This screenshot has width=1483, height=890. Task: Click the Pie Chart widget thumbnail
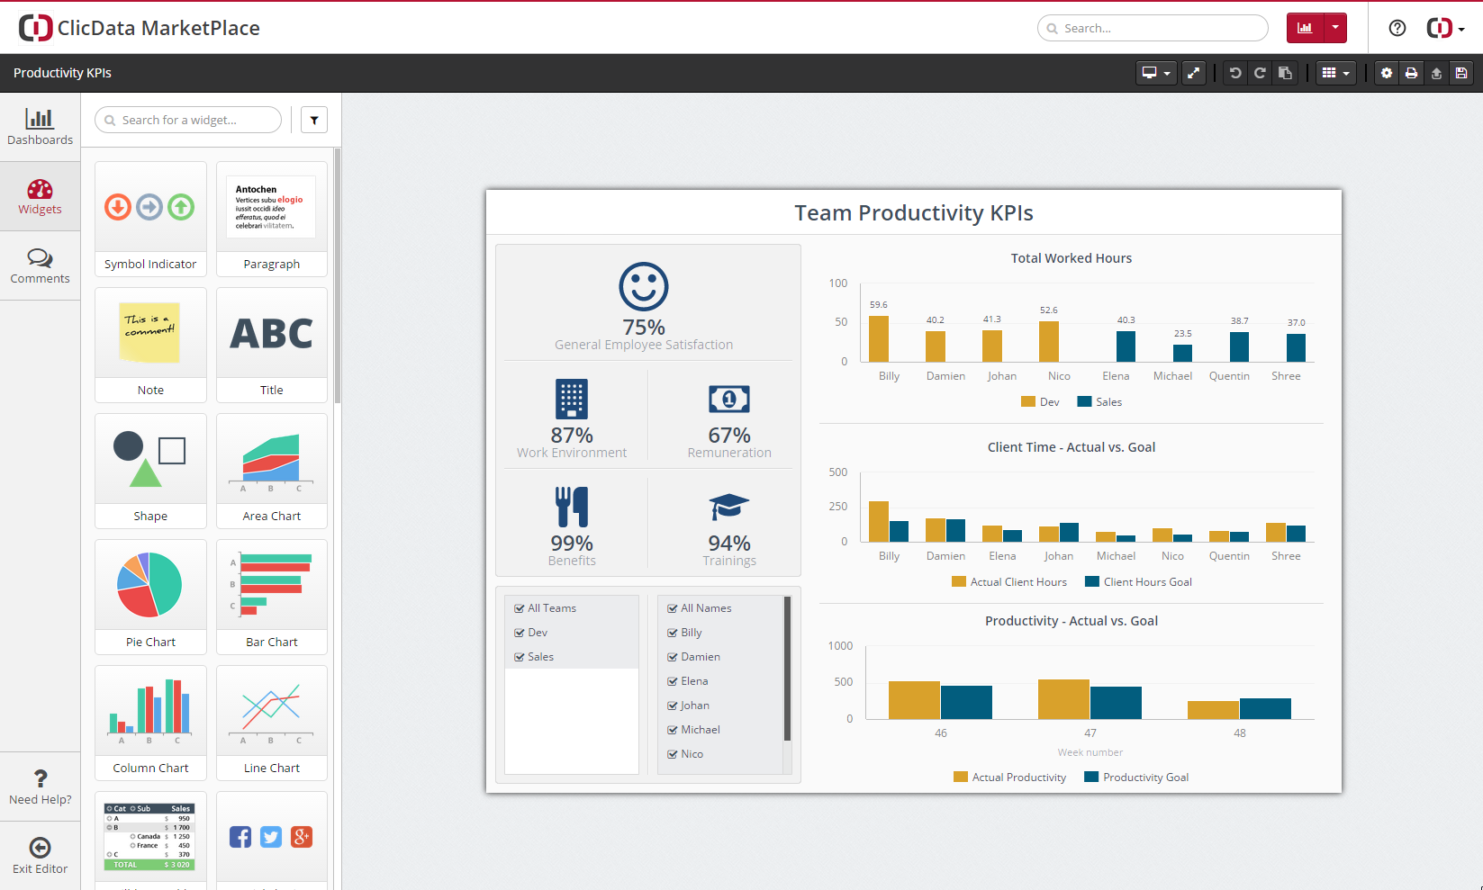149,585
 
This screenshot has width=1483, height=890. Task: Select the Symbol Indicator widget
149,208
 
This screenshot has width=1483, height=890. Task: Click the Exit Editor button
40,855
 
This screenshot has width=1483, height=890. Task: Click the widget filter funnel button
314,120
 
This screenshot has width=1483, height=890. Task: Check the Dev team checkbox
520,633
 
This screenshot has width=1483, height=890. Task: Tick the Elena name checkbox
673,681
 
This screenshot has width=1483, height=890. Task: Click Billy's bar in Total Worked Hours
879,338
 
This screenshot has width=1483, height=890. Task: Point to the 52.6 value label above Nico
1049,310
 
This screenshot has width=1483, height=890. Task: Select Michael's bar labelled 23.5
1182,353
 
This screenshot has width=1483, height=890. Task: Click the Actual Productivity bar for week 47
1063,699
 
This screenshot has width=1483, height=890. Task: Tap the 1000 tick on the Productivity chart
840,646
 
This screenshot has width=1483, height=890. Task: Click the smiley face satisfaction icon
644,287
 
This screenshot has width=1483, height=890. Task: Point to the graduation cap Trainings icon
729,507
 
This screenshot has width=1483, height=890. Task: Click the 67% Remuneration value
729,436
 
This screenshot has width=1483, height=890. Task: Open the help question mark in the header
1397,28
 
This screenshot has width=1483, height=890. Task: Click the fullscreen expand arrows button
1194,73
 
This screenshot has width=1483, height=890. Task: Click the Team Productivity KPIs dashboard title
913,213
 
